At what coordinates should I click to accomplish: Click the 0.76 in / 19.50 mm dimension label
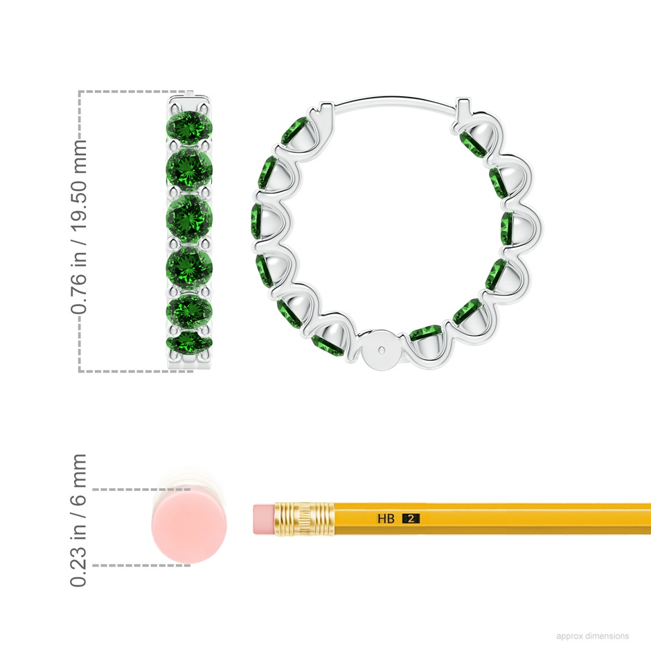[x=78, y=226]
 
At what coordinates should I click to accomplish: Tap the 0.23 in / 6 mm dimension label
[x=78, y=520]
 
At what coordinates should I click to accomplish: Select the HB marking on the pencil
[x=386, y=519]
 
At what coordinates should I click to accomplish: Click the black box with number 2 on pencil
[x=411, y=519]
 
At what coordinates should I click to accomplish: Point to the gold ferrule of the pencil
[x=304, y=519]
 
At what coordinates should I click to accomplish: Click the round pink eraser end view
[x=189, y=526]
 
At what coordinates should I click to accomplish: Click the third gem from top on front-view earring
[x=189, y=216]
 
